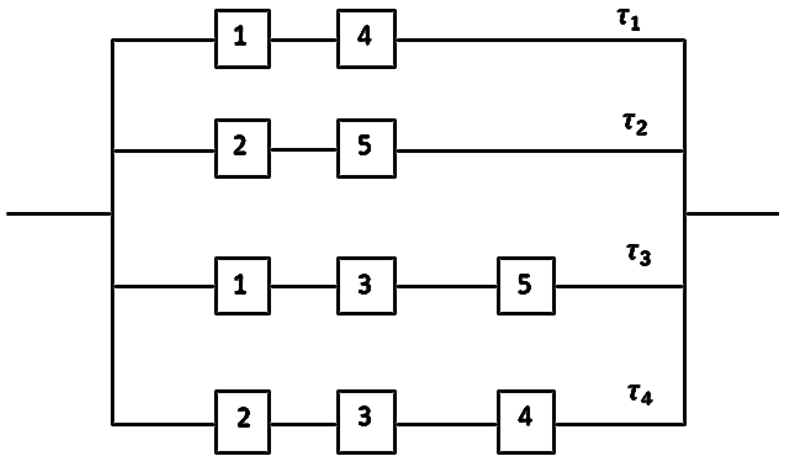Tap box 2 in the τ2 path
pos(242,149)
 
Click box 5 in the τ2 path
pos(366,149)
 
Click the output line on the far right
pos(732,214)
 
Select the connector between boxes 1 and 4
pos(303,40)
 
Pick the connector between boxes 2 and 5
pos(303,150)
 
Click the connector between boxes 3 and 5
pos(447,286)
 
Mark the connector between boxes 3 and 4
pos(447,424)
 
